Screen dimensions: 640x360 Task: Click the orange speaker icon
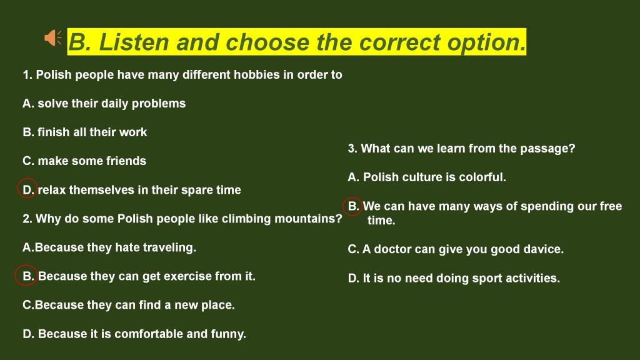[x=52, y=38]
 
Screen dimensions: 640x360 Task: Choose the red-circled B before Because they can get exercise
[x=26, y=275]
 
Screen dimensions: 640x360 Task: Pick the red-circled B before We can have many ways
[x=352, y=206]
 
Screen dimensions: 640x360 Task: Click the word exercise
[x=187, y=276]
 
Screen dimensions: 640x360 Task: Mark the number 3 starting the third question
[x=351, y=149]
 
